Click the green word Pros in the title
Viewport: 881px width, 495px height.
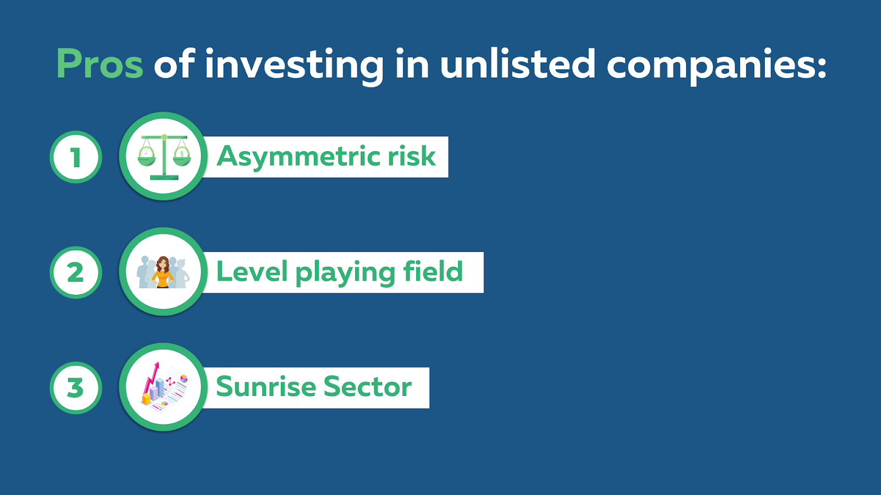100,64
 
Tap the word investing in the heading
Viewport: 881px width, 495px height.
294,66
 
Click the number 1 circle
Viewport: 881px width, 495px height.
76,157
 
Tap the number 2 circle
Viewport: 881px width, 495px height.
76,272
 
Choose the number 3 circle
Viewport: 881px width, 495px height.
76,388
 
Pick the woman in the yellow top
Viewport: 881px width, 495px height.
162,272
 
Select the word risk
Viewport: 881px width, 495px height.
412,156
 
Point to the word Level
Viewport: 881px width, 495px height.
252,272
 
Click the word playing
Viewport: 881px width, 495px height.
345,273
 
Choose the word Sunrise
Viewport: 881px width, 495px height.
266,387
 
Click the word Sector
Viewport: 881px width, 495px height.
368,387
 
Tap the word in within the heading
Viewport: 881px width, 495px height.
412,63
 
